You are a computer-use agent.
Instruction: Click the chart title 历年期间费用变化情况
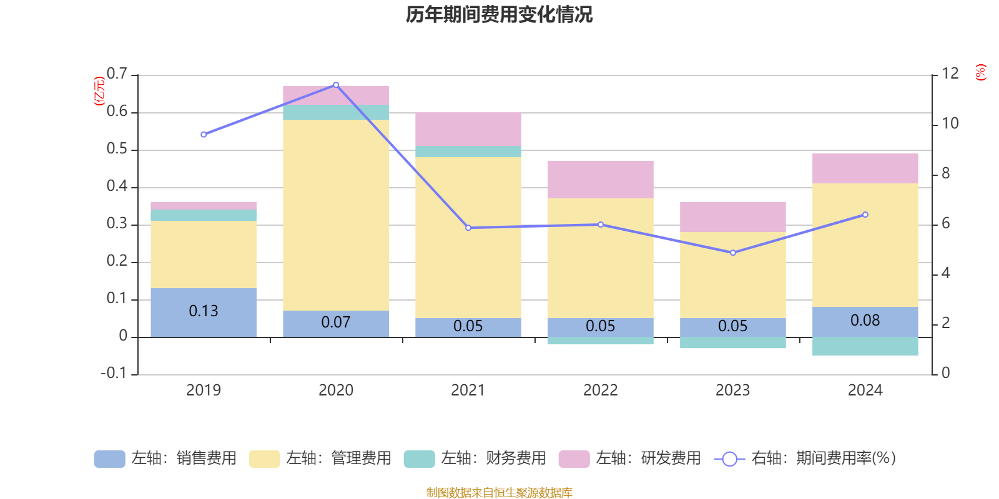(499, 14)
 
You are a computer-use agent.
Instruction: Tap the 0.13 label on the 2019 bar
(204, 311)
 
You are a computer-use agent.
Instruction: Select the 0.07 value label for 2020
(336, 322)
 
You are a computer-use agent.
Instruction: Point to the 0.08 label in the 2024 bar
(865, 321)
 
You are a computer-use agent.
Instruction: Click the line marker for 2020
(336, 85)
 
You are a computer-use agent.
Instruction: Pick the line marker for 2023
(733, 253)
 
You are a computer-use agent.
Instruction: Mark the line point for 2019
(204, 135)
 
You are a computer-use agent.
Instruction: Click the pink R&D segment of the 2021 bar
(468, 129)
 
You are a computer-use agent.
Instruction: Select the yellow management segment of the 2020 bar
(336, 215)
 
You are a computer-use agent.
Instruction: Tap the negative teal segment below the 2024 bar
(865, 346)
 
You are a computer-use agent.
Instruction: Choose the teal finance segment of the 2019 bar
(204, 215)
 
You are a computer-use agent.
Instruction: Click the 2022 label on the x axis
(600, 390)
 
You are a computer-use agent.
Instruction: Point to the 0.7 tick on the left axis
(117, 74)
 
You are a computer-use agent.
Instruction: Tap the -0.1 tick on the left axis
(114, 373)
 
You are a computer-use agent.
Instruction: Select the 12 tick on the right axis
(950, 74)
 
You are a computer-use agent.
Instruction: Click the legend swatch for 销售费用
(109, 459)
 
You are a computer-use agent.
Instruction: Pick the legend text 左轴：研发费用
(648, 458)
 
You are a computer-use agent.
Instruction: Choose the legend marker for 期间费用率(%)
(729, 459)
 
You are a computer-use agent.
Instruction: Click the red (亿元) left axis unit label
(99, 91)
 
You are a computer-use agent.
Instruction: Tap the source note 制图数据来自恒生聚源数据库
(499, 493)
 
